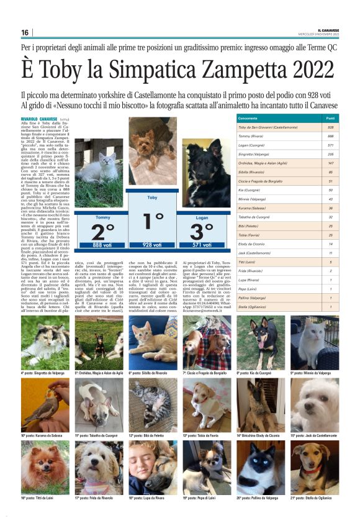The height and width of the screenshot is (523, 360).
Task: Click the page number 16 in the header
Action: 25,32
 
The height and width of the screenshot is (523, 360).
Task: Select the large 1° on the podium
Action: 153,222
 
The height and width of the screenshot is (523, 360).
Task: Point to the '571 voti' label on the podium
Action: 202,245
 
